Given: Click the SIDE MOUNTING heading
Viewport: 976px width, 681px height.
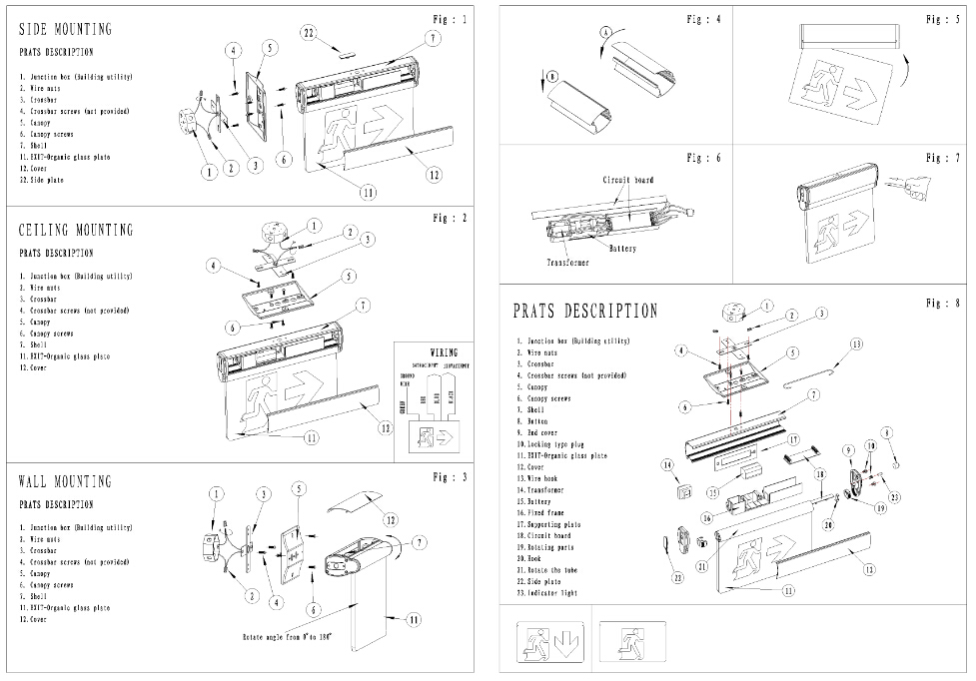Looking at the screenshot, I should coord(66,29).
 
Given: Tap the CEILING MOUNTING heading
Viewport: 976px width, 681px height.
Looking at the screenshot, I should coord(76,231).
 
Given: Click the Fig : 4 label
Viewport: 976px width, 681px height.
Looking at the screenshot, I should coord(702,19).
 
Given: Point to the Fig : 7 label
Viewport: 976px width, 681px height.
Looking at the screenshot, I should coord(942,158).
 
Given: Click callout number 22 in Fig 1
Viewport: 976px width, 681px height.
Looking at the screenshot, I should coord(310,33).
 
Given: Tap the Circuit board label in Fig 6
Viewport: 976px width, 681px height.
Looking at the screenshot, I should coord(627,180).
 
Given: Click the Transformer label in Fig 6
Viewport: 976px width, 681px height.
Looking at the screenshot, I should coord(566,263).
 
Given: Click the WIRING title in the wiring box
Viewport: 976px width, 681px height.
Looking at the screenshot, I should coord(444,352).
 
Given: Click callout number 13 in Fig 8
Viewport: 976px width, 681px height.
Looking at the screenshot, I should coord(856,343).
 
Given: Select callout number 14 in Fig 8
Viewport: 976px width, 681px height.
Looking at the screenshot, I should coord(666,464).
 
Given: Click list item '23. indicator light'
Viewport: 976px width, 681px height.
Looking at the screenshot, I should coord(547,593).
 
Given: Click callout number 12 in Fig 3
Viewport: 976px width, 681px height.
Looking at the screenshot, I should coord(392,519).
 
